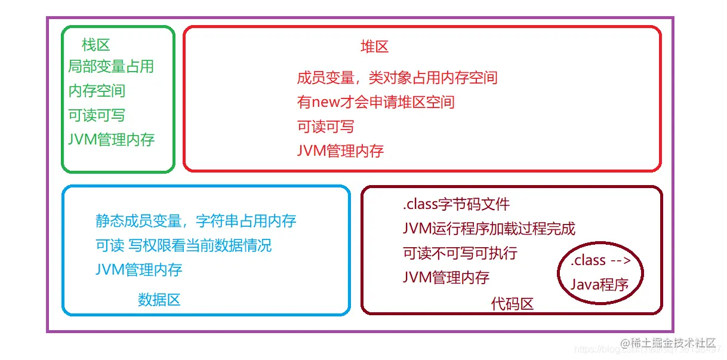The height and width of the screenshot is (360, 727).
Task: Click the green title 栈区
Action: pos(96,45)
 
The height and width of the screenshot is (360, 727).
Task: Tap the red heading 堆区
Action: pos(375,47)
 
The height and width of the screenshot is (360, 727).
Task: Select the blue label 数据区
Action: pos(159,299)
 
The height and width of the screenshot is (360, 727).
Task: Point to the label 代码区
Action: pos(512,304)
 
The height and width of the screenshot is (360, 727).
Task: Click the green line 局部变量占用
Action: pos(111,66)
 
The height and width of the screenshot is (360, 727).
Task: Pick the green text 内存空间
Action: pos(97,91)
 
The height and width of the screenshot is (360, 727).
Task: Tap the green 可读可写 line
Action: pos(97,115)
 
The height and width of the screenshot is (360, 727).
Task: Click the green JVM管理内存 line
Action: pos(111,140)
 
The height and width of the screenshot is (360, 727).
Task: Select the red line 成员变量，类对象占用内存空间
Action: pos(397,78)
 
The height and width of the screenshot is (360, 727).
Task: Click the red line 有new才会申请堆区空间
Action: pos(375,102)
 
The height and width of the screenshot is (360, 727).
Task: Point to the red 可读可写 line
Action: pos(325,127)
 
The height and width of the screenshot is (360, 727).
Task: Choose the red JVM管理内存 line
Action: pos(340,150)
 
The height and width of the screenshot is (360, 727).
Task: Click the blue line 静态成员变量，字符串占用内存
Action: pos(196,221)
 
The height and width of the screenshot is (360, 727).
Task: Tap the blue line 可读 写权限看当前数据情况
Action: pos(183,245)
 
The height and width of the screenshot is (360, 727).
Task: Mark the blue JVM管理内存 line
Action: pos(138,269)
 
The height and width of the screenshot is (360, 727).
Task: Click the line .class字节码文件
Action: pos(457,205)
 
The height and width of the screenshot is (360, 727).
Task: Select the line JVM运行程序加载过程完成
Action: pos(489,229)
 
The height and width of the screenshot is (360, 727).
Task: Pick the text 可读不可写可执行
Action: pos(460,253)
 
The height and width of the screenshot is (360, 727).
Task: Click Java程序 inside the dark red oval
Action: pos(599,285)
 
